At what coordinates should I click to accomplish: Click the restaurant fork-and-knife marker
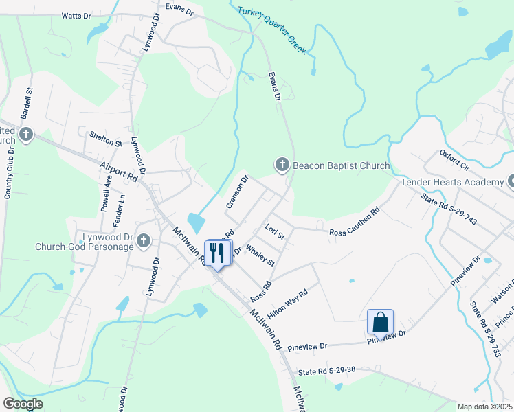(218, 253)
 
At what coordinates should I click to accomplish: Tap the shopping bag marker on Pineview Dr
(380, 322)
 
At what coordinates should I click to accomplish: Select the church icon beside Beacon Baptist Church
(282, 165)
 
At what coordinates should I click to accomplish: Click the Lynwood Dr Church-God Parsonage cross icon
(143, 240)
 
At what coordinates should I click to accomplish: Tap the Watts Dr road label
(76, 15)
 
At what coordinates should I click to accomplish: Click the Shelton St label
(105, 139)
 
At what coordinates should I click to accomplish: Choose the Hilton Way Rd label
(287, 303)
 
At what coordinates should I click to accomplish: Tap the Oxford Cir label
(454, 159)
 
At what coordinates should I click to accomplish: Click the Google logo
(23, 404)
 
